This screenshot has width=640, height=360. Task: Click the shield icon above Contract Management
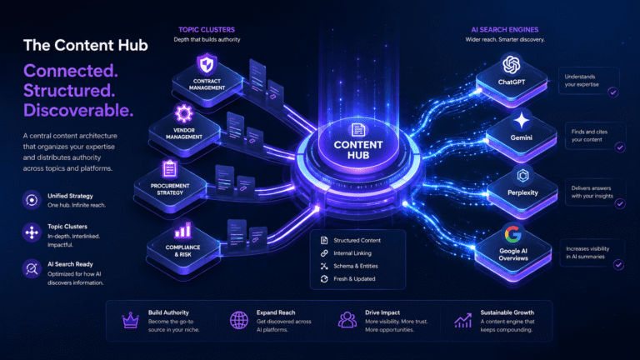pos(207,64)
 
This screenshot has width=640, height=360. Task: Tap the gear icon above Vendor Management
pos(183,113)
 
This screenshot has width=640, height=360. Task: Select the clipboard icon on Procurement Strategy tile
pos(169,169)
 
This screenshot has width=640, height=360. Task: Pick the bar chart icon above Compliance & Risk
pos(182,231)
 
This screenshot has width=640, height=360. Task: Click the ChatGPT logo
pos(512,64)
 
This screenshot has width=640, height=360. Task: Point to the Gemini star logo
pos(521,121)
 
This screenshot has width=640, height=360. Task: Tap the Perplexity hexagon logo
pos(522,176)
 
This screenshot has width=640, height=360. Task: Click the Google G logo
pos(513,234)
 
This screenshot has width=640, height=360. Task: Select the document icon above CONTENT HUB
pos(358,130)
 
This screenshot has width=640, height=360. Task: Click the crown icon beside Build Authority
pos(130,320)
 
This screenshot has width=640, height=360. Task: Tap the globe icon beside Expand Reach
pos(239,320)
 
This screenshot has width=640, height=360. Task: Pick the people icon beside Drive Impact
pos(347,320)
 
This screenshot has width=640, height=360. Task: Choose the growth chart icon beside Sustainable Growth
pos(462,320)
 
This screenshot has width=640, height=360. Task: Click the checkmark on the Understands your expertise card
pos(613,92)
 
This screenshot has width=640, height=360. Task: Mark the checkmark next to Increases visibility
pos(619,265)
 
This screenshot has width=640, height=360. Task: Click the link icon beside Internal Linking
pos(324,253)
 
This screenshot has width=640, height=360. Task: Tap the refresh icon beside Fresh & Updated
pos(324,279)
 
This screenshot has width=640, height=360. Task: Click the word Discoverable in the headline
pos(78,111)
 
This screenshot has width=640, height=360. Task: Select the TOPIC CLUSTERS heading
pos(207,30)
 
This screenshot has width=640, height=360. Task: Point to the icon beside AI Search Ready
pos(32,268)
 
